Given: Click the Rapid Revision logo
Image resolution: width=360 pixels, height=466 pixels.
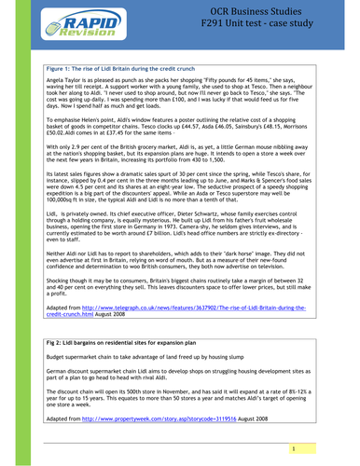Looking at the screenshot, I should (77, 26).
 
